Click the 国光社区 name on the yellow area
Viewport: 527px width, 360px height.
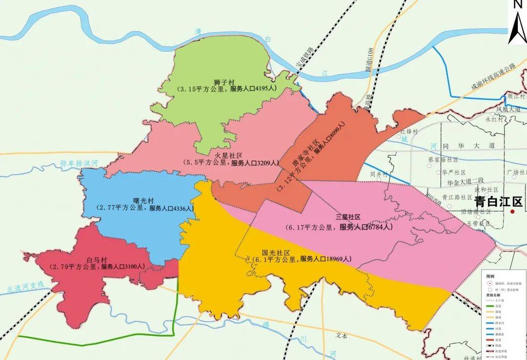tap(276, 253)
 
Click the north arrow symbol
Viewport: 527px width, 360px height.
tap(516, 24)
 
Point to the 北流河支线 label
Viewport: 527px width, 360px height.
tap(26, 287)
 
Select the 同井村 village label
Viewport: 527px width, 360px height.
tap(379, 174)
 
